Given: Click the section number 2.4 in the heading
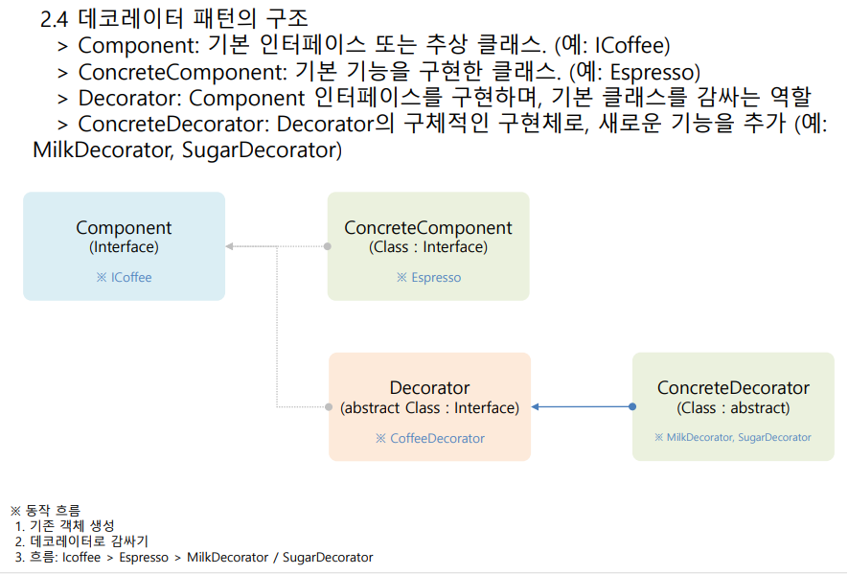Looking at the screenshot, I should tap(56, 18).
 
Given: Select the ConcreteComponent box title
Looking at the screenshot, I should tap(427, 228).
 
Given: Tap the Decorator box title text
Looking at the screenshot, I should tap(429, 388).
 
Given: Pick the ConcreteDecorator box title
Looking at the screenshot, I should tap(733, 388).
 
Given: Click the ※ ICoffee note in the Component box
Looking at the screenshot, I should tap(124, 278).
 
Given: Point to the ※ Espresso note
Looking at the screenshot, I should tap(428, 278).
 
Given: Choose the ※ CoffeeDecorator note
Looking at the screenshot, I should tap(429, 439).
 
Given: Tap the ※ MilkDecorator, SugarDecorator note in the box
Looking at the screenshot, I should tap(733, 437).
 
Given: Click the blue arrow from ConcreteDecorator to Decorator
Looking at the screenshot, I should tap(581, 407).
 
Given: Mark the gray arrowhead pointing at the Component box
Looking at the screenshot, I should tap(230, 247).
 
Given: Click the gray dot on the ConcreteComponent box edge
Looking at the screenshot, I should tap(328, 247).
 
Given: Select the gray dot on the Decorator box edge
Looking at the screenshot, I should tap(329, 407).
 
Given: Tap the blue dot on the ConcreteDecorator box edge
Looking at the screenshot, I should tap(632, 407).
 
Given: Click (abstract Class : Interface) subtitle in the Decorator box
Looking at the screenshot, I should tap(429, 408).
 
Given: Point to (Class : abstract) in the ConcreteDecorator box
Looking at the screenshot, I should tap(733, 408).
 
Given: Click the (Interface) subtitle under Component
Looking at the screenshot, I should tap(124, 247).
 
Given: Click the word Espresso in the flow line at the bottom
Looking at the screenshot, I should tap(143, 558).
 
